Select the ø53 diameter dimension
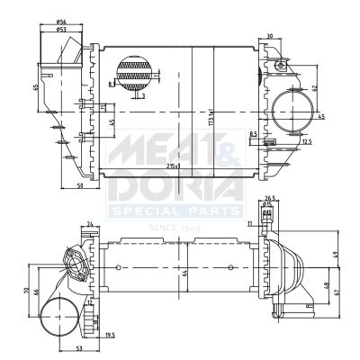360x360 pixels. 60,28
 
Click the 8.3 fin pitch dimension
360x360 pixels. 112,83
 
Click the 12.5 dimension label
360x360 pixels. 307,141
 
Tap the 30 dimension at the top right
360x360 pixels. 271,36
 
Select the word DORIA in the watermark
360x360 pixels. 175,189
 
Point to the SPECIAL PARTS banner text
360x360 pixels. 175,212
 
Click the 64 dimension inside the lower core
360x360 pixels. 184,272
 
